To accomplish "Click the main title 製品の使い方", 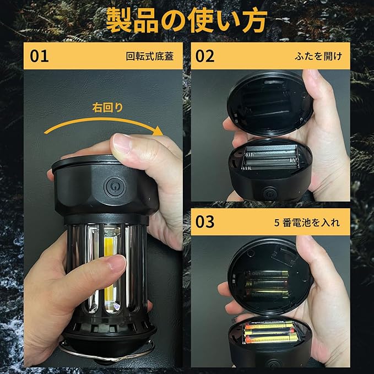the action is tap(186, 20).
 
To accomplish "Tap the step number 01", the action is tap(39, 56).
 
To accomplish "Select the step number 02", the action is tap(205, 56).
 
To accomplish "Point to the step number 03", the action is tap(205, 222).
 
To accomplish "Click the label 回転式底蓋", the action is tap(150, 56).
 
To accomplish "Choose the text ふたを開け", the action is tap(318, 56).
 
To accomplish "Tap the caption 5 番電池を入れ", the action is tap(307, 223).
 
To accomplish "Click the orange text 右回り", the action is tap(107, 107).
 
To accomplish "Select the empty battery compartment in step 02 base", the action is tap(270, 158).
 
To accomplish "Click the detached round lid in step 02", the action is tap(270, 104).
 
